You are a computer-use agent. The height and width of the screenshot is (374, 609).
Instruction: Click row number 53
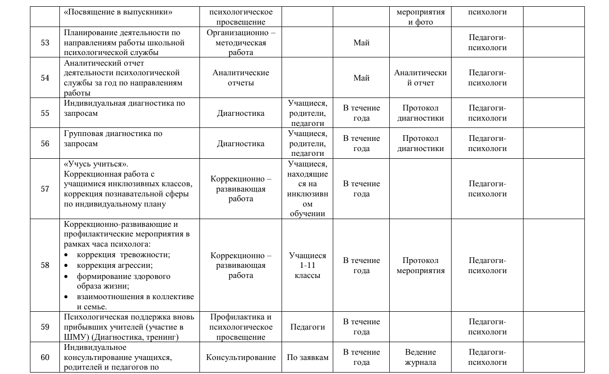(45, 42)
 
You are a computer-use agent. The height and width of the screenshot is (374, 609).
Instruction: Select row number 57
(45, 189)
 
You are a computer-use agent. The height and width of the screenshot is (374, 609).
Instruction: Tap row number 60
(45, 357)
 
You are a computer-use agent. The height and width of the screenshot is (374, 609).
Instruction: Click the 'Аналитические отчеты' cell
(241, 78)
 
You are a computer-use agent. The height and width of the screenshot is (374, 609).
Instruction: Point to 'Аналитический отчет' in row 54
(420, 78)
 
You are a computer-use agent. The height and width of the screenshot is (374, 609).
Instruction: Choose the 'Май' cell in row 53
(361, 42)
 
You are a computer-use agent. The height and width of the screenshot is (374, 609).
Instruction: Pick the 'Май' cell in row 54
(361, 78)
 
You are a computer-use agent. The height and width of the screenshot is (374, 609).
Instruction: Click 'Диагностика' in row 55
(241, 113)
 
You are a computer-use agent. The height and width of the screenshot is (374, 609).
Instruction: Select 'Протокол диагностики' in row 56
(420, 143)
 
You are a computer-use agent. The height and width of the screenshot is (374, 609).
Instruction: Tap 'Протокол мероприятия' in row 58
(420, 265)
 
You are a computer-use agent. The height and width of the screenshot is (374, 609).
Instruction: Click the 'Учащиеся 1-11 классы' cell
(307, 265)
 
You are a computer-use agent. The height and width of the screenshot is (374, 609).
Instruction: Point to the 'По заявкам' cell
(307, 358)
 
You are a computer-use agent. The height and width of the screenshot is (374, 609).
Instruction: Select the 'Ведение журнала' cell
(420, 357)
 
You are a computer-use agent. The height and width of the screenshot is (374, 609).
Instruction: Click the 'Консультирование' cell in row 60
(241, 358)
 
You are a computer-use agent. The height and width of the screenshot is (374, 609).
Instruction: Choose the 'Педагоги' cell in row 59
(307, 327)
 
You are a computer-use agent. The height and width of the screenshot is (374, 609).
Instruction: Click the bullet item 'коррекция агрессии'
(115, 265)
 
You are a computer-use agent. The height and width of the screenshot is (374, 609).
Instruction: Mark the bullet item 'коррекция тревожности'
(123, 255)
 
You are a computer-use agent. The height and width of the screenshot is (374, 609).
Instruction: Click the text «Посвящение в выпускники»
(118, 12)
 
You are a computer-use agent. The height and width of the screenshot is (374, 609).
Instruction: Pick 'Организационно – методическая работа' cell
(241, 42)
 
